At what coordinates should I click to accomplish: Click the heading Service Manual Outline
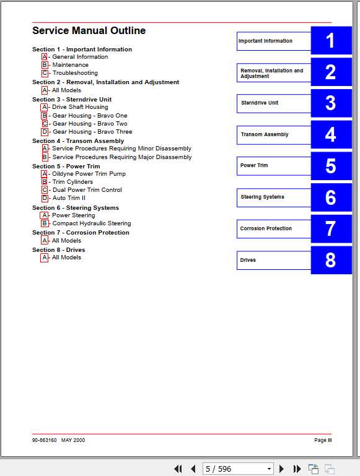(89, 31)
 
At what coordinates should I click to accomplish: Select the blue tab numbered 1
(330, 41)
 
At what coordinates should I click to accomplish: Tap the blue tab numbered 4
(330, 135)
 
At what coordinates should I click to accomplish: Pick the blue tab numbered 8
(330, 260)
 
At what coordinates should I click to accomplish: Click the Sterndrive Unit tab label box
(273, 103)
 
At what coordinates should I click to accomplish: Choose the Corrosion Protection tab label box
(273, 229)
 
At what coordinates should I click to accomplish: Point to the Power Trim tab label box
(273, 166)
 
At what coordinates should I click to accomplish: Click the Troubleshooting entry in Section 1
(75, 73)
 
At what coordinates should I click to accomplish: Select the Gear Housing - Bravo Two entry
(90, 124)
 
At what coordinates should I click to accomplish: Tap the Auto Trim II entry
(69, 198)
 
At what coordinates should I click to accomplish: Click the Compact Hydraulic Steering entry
(92, 223)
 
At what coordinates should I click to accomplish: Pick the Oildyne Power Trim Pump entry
(89, 174)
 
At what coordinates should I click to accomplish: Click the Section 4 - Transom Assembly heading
(78, 141)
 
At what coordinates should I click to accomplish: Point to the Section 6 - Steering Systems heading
(76, 208)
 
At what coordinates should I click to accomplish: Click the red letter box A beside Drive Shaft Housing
(45, 107)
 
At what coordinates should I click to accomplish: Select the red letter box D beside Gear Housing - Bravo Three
(45, 132)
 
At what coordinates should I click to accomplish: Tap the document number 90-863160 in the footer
(45, 440)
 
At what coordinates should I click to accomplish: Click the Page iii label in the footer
(323, 440)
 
